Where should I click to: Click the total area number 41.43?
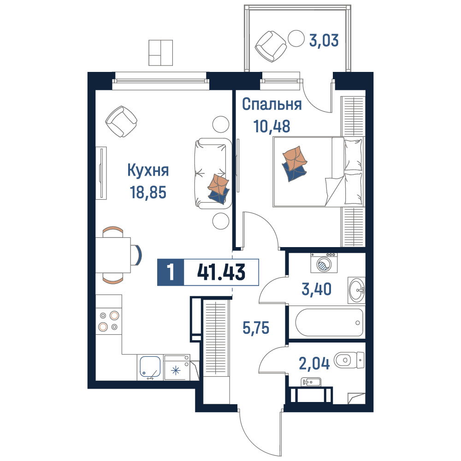click(221, 272)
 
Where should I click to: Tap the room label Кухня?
click(148, 170)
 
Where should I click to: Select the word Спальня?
click(272, 104)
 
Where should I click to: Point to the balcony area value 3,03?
click(324, 40)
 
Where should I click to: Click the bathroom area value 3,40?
click(317, 289)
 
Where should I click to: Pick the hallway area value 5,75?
click(256, 327)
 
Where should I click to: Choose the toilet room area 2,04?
click(314, 363)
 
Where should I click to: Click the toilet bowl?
click(349, 360)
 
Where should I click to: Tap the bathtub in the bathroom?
click(329, 322)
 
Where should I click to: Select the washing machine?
click(324, 263)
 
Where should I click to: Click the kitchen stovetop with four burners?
click(108, 321)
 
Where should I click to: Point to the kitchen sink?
click(150, 366)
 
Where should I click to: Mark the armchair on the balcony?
click(271, 46)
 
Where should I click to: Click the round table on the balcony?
click(296, 38)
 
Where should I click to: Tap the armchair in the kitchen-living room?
click(121, 121)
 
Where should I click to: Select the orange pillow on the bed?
click(295, 158)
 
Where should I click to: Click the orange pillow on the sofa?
click(218, 184)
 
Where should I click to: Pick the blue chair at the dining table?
click(137, 255)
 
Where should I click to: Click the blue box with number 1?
click(171, 272)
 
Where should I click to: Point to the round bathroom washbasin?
click(356, 290)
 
